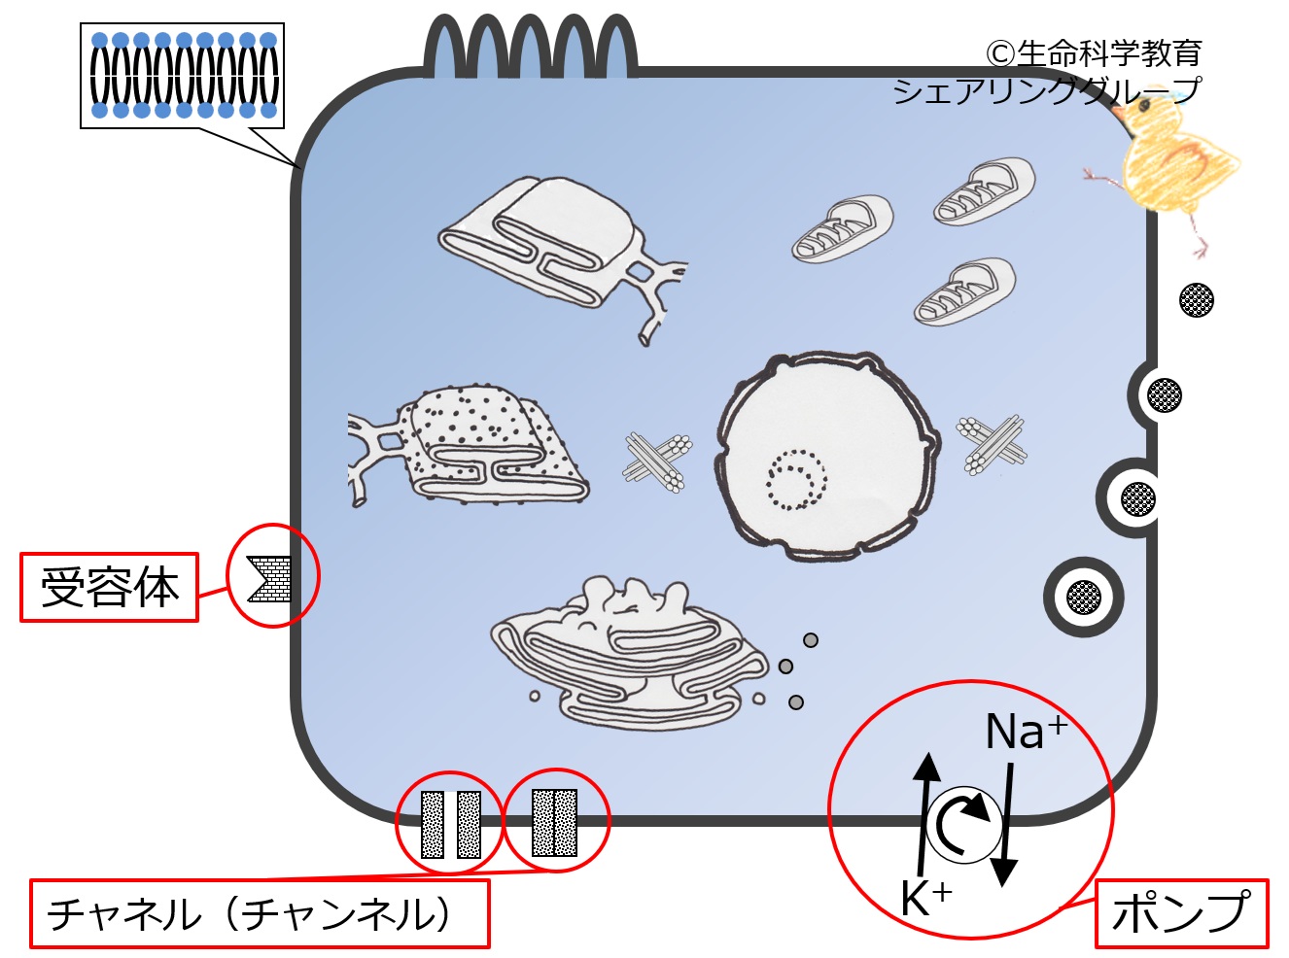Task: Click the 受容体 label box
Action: coord(109,588)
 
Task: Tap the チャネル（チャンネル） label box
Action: coord(259,913)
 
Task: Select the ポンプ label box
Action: coord(1181,913)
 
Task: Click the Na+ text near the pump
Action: coord(1025,732)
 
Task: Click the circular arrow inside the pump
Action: coord(963,825)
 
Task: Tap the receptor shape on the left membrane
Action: coord(269,578)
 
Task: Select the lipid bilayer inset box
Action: coord(183,76)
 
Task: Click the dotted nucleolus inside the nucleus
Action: coord(796,479)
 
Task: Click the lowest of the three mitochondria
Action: coord(964,291)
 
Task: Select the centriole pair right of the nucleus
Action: coord(992,445)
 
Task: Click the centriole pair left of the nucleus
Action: coord(657,461)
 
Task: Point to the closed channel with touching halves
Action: coord(555,823)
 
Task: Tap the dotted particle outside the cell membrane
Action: coord(1196,300)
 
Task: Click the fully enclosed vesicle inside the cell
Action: coord(1083,597)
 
